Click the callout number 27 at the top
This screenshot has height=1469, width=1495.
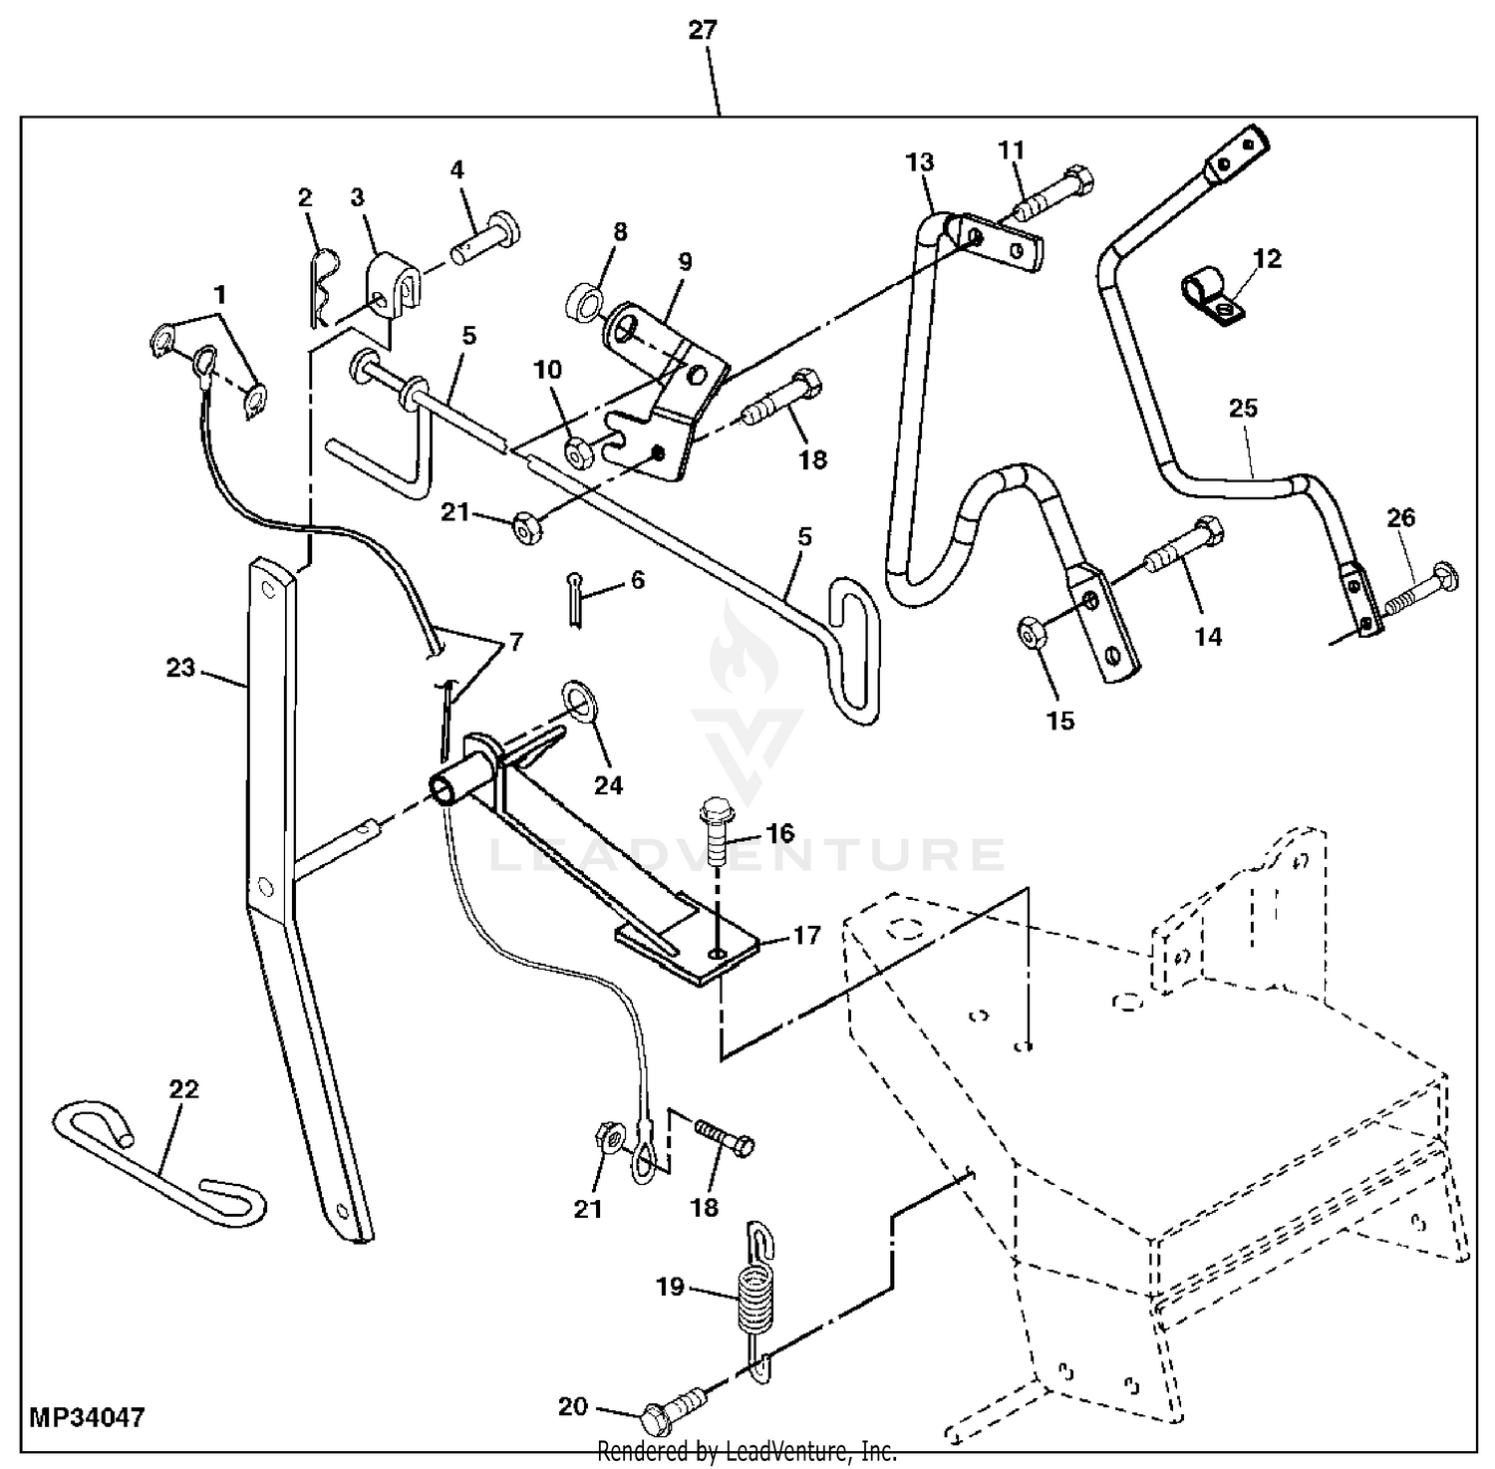click(702, 30)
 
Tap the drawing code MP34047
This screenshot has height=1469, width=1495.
click(87, 1417)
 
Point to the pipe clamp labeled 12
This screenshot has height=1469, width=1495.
click(1209, 298)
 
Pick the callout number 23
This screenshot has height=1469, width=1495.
click(180, 667)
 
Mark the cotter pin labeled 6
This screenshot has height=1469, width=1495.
click(576, 602)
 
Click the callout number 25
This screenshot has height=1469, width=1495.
click(1243, 408)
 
